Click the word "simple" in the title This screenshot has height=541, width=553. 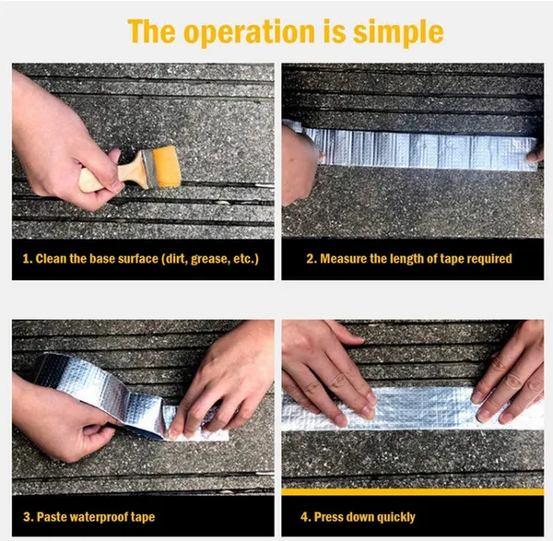coord(398,32)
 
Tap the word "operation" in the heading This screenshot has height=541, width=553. coord(249,32)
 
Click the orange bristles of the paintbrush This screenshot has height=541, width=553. coord(167,166)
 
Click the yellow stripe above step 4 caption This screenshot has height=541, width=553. coord(413,491)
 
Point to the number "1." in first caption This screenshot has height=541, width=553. coord(28,259)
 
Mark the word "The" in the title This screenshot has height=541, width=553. coord(152,31)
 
